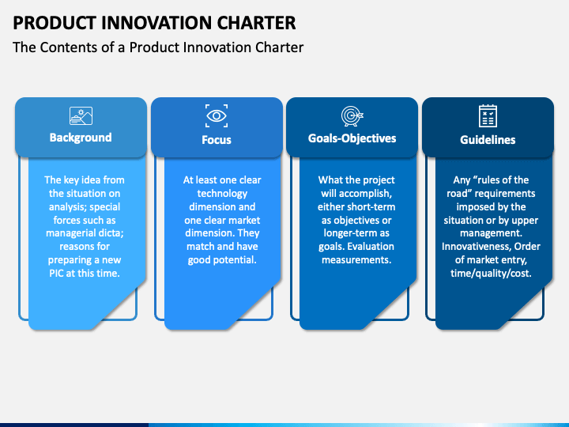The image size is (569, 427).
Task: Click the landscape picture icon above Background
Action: pyautogui.click(x=81, y=115)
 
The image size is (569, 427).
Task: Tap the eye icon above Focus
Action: pyautogui.click(x=217, y=115)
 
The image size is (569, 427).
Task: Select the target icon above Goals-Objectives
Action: pyautogui.click(x=352, y=116)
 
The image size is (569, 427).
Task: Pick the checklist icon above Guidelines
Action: pyautogui.click(x=488, y=115)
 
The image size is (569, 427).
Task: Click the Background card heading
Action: pyautogui.click(x=81, y=138)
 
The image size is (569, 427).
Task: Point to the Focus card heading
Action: pyautogui.click(x=217, y=140)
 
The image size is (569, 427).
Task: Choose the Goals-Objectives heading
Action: pyautogui.click(x=352, y=138)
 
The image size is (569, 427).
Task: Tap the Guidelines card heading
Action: pyautogui.click(x=488, y=140)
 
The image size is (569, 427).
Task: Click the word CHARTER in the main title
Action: pyautogui.click(x=257, y=23)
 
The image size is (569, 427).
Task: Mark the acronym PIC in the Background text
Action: pyautogui.click(x=56, y=273)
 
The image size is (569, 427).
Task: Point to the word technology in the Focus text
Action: pyautogui.click(x=222, y=194)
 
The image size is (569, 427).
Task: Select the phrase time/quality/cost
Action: pyautogui.click(x=491, y=274)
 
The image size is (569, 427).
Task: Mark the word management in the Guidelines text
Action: pyautogui.click(x=491, y=233)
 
